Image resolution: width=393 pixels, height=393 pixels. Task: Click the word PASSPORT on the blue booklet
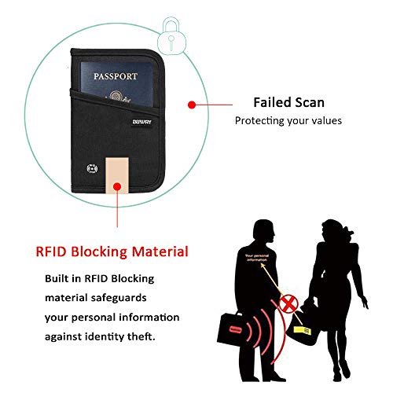pos(116,76)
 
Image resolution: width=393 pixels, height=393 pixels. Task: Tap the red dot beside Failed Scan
pos(190,103)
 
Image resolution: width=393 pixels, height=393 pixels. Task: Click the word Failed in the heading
pos(270,102)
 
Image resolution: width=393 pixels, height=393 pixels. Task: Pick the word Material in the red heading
pos(157,252)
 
